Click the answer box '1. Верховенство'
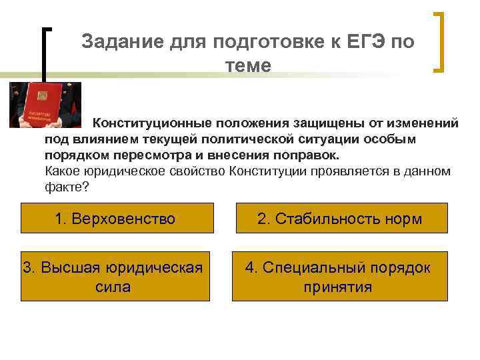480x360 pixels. click(x=115, y=219)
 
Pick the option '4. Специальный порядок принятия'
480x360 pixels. click(x=339, y=277)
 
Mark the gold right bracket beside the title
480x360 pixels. click(x=440, y=41)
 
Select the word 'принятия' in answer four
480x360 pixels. click(x=337, y=287)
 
